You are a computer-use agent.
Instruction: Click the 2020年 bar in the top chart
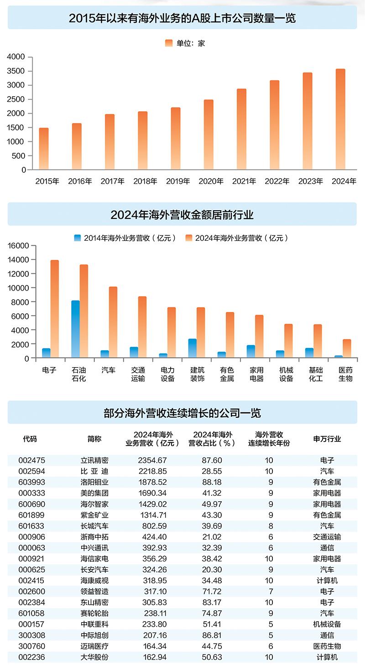209,135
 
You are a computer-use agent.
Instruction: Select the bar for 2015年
44,149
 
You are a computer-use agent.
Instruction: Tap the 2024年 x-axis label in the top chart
344,181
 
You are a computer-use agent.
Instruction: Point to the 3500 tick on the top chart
19,71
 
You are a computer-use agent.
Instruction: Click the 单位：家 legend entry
185,43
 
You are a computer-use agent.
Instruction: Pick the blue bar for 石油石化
75,329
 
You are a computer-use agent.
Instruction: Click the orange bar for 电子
55,309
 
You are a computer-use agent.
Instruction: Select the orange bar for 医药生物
347,348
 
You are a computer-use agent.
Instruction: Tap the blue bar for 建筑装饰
193,348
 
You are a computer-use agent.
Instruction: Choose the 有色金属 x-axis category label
227,374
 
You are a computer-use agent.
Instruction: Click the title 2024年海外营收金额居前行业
182,214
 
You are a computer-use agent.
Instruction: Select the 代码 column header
30,439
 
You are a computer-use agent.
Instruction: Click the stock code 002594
31,471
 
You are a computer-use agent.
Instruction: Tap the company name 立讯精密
94,460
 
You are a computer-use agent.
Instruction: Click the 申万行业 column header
327,439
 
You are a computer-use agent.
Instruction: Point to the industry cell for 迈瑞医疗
327,646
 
